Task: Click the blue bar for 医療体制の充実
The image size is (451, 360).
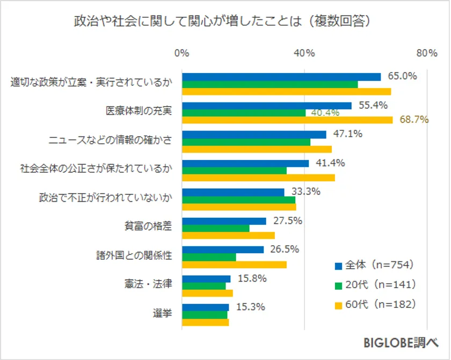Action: [267, 106]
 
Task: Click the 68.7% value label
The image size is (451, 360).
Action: [414, 120]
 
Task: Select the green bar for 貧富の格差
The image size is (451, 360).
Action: [216, 228]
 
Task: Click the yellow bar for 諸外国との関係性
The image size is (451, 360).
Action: [234, 264]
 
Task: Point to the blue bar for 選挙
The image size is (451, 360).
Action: [206, 307]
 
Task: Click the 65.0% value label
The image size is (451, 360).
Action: [402, 76]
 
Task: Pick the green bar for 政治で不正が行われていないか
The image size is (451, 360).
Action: [239, 200]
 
